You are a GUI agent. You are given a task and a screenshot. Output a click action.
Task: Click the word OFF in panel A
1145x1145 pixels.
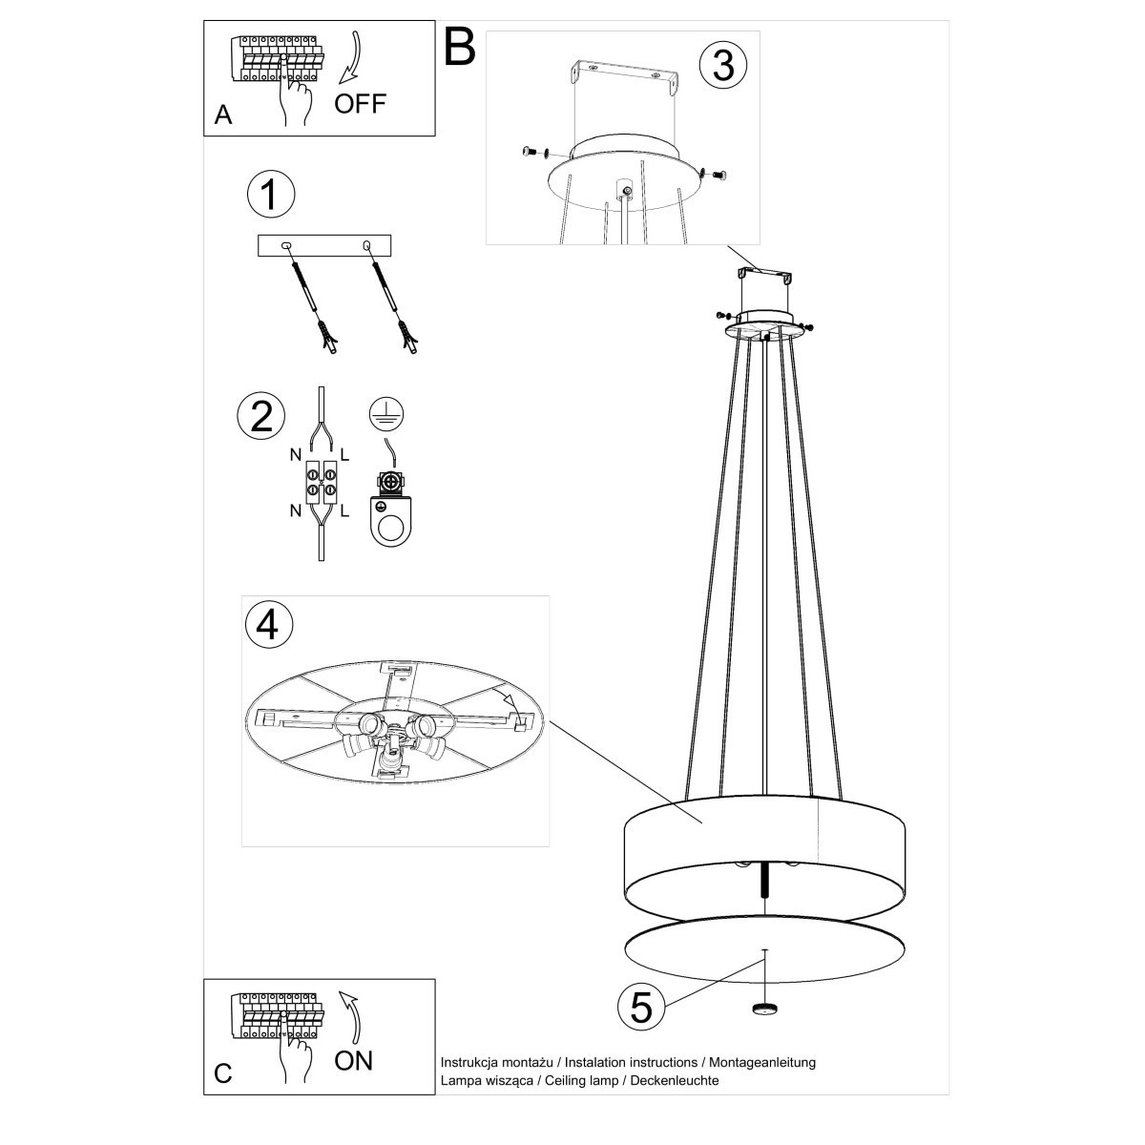[x=360, y=103]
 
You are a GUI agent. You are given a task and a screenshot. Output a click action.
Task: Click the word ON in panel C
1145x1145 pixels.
[x=353, y=1059]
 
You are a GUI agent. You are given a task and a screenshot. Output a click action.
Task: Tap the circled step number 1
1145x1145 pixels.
[x=270, y=194]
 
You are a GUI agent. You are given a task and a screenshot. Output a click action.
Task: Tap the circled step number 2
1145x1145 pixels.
[x=260, y=417]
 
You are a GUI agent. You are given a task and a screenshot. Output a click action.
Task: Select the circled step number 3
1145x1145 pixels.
[x=722, y=65]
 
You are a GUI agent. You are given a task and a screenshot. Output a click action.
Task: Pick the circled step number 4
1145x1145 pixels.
[x=268, y=624]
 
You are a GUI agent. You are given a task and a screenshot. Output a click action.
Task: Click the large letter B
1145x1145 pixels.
[x=460, y=46]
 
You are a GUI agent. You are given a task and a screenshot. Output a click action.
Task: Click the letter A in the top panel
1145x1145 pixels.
[x=223, y=115]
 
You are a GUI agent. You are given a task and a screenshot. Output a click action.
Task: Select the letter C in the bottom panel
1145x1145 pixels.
[x=223, y=1073]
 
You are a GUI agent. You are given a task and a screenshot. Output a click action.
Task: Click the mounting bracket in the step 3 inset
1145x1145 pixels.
[x=623, y=75]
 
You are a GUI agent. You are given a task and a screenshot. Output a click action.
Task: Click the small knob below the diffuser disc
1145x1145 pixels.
[x=764, y=1010]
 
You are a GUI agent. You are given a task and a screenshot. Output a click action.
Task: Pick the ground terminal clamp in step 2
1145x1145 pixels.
[x=389, y=509]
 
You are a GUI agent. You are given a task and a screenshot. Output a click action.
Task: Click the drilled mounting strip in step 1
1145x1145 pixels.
[x=324, y=246]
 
